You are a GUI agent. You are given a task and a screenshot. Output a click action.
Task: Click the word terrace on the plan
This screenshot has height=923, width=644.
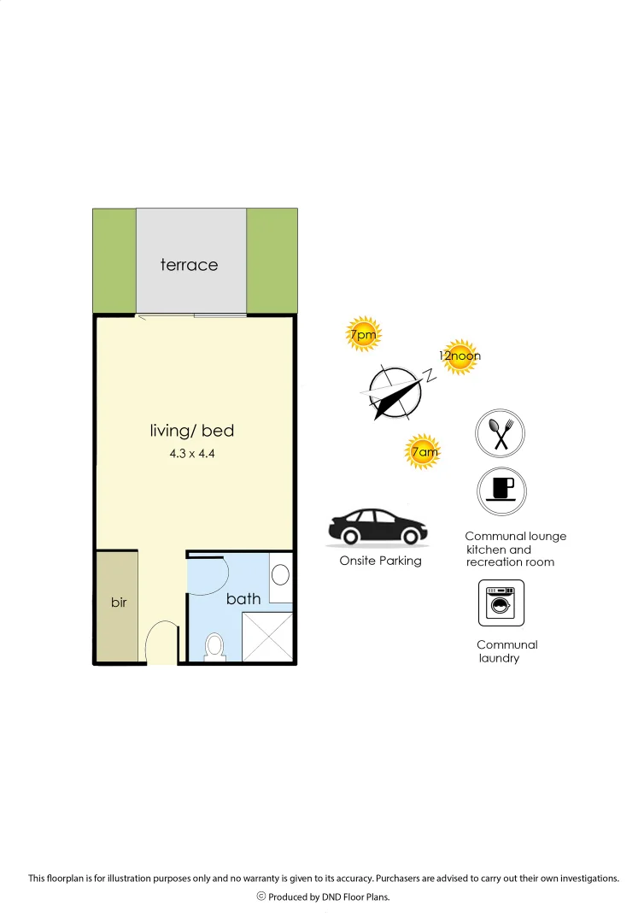189,265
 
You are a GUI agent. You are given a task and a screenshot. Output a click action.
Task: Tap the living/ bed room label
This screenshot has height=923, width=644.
192,431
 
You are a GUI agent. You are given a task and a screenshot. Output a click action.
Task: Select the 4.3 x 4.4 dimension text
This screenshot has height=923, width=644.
191,454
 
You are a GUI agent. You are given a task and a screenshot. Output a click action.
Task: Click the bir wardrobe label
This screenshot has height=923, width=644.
119,603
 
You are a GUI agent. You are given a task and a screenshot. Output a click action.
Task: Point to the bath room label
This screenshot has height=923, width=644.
243,598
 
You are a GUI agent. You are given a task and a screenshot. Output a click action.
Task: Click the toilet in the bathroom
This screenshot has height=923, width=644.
214,647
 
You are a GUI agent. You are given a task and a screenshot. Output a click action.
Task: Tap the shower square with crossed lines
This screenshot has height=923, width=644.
267,636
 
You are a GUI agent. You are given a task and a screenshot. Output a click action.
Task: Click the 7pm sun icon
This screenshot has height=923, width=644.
363,336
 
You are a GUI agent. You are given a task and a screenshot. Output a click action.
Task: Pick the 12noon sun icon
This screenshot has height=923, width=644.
459,356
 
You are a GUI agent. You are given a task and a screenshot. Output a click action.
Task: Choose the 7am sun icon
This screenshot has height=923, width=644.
424,452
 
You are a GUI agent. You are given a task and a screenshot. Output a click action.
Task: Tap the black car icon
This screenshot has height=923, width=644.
378,527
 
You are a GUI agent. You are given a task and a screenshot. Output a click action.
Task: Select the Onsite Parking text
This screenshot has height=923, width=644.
380,561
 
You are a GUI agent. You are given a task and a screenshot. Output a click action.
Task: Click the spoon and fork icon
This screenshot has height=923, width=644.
501,432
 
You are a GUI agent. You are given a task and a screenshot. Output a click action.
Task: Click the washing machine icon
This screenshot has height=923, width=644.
501,603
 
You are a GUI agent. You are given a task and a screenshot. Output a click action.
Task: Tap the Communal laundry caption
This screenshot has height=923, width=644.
506,651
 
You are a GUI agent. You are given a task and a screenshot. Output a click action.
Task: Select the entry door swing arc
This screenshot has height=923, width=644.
161,641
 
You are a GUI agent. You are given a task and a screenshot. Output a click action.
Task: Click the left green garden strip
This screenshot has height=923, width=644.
114,260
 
